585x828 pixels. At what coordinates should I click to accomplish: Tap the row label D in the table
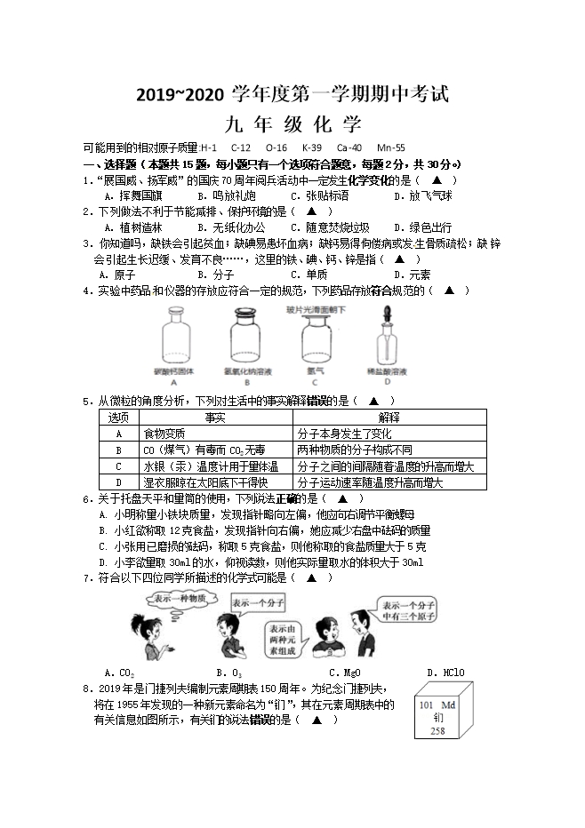pos(118,482)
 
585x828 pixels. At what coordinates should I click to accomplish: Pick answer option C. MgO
pos(344,673)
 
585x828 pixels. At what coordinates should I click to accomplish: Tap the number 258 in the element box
pos(437,731)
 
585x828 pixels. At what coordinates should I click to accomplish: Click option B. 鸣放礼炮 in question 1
pos(227,195)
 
